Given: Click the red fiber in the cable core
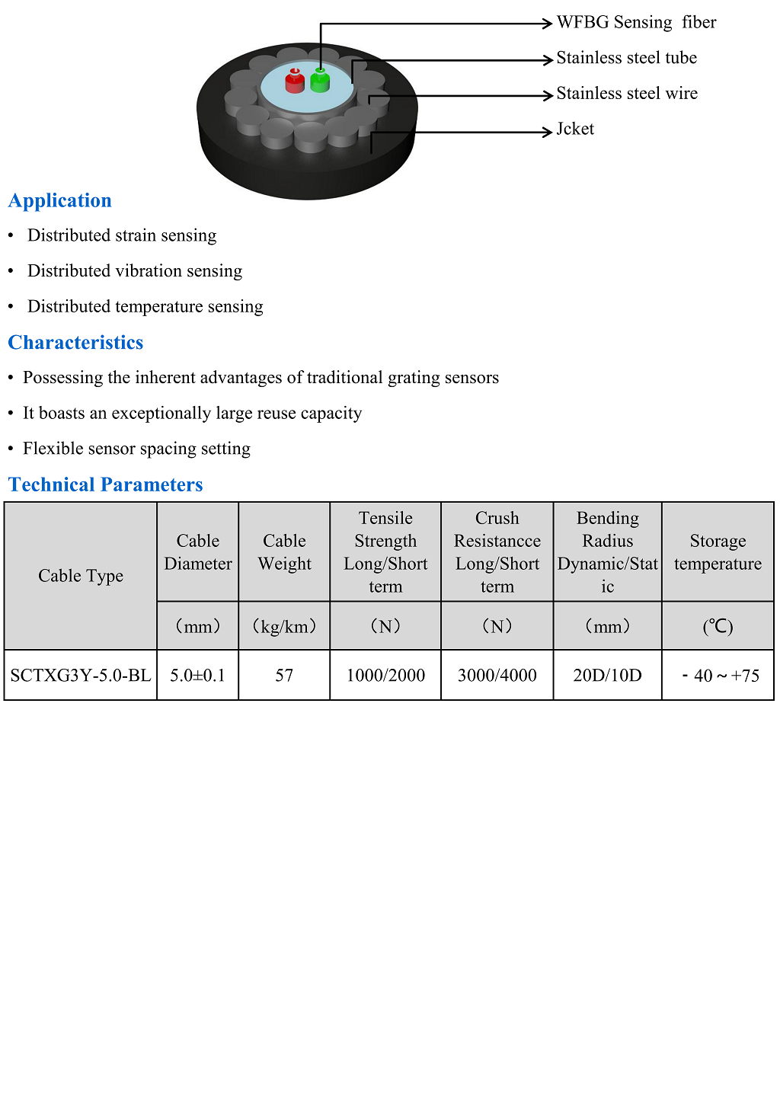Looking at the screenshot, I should coord(295,82).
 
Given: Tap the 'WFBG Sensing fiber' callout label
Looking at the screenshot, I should coord(636,22).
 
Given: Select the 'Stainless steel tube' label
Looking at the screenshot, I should coord(626,58).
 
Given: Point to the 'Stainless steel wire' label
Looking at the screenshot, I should coord(626,94).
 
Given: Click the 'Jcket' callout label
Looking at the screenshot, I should coord(575,129).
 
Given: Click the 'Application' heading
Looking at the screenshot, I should coord(60,200).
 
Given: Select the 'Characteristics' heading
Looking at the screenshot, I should coord(75,343).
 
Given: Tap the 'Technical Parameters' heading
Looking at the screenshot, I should coord(105,484).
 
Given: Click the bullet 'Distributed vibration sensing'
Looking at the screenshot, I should coord(135,271).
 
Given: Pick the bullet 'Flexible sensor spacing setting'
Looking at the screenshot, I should coord(136,449).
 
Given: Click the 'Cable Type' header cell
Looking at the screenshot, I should coord(81,576).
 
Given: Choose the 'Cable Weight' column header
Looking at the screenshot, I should coord(284,552).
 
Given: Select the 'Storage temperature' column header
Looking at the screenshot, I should coord(718,552).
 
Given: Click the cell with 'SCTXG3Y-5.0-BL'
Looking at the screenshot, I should coord(81,676).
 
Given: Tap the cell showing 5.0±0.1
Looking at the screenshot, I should coord(197,676).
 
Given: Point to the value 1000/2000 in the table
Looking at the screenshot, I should coord(385,676).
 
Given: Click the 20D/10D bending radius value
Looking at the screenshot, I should coord(607,676).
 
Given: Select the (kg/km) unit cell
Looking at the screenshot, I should coord(284,627).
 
